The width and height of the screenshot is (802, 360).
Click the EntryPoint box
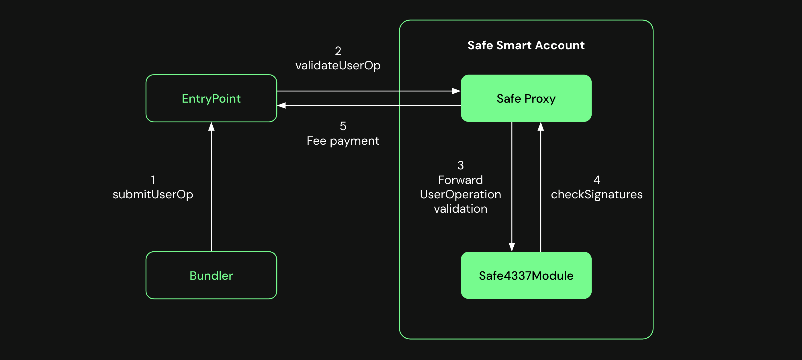click(x=211, y=98)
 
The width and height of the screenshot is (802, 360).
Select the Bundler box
click(x=211, y=275)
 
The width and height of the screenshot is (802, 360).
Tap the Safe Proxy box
click(x=526, y=98)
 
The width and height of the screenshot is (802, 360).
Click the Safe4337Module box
click(x=526, y=275)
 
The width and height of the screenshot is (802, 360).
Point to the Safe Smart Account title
click(x=526, y=46)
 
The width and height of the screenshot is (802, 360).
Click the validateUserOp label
click(x=338, y=65)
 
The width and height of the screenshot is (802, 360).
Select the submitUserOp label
click(x=152, y=194)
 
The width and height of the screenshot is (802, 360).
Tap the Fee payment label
click(x=343, y=141)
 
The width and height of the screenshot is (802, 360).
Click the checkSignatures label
click(x=596, y=194)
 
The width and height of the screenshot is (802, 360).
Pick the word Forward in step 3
click(x=460, y=180)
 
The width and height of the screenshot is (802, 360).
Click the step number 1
click(x=153, y=180)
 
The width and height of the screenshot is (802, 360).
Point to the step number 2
click(x=338, y=51)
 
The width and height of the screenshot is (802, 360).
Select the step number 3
click(x=460, y=165)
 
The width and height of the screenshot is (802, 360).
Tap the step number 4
click(x=596, y=180)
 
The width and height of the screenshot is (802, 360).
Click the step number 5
click(x=343, y=126)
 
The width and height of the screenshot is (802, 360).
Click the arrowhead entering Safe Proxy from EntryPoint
click(x=456, y=91)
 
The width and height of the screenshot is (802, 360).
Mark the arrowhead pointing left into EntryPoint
click(x=281, y=105)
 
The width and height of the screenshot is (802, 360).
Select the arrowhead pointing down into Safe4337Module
click(x=512, y=247)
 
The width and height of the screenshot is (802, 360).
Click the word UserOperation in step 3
click(x=460, y=194)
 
